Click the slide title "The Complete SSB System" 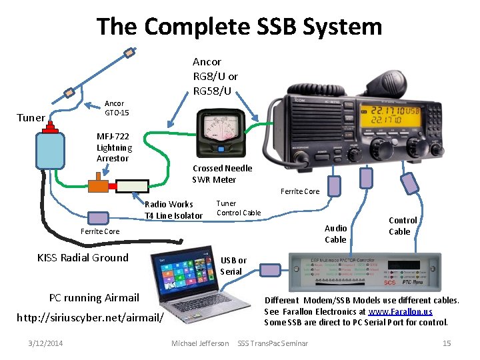click(x=239, y=27)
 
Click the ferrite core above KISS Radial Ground click(x=99, y=217)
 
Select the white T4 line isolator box click(x=133, y=186)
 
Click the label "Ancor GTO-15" click(x=115, y=108)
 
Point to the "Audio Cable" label click(x=335, y=233)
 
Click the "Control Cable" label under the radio click(x=403, y=225)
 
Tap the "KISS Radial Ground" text click(x=83, y=258)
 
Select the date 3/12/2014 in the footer click(x=46, y=343)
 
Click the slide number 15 click(x=447, y=343)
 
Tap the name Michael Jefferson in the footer click(x=200, y=343)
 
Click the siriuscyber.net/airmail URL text click(x=90, y=317)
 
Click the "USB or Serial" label click(x=233, y=265)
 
